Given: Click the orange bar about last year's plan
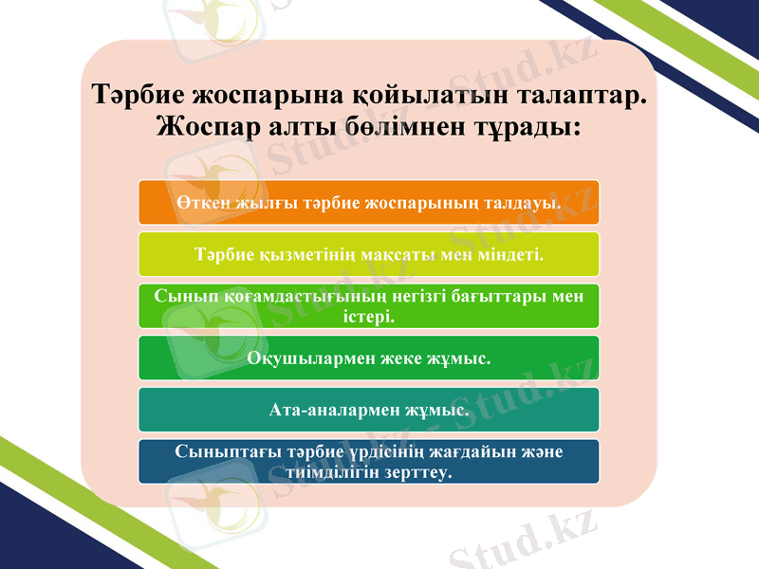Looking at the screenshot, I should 367,202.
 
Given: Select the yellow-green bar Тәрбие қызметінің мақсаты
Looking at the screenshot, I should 367,254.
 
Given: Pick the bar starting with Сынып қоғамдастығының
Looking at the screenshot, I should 367,305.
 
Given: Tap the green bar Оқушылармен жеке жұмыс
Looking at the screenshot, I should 367,358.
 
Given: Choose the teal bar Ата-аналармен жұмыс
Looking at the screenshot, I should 367,410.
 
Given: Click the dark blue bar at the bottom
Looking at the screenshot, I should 367,461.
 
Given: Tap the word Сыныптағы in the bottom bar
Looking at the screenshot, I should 220,451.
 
